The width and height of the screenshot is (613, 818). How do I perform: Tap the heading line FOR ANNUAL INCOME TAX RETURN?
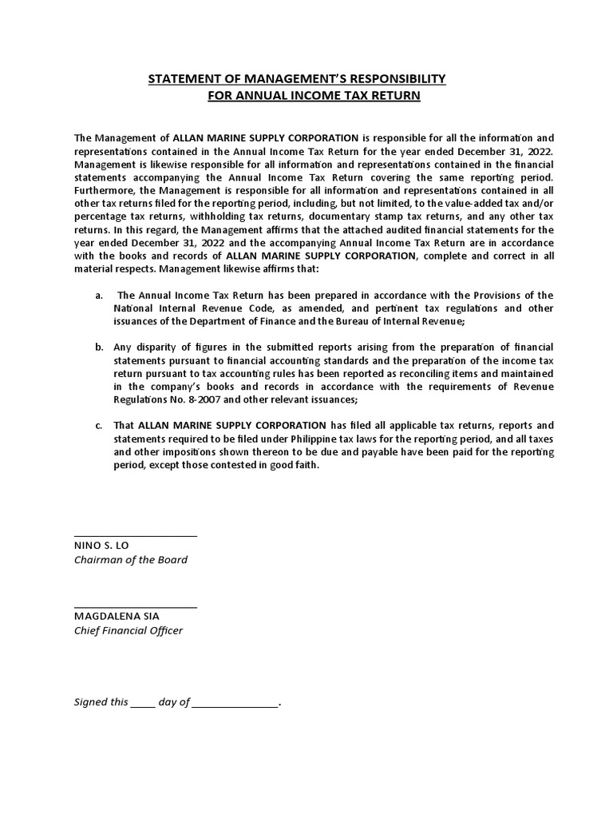click(x=314, y=96)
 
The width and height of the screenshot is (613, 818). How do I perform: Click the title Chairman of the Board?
click(x=131, y=560)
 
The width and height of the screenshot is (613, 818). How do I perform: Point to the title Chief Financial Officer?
click(x=129, y=631)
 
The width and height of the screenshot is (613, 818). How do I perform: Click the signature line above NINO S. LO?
click(x=135, y=536)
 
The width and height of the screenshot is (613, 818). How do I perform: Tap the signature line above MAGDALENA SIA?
click(x=135, y=607)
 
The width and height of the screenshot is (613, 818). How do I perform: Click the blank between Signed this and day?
click(x=143, y=704)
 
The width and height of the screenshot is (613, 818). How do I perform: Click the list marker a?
click(x=98, y=296)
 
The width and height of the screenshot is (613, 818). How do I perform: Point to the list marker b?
click(x=99, y=347)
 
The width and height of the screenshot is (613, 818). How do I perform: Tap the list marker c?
click(x=98, y=425)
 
